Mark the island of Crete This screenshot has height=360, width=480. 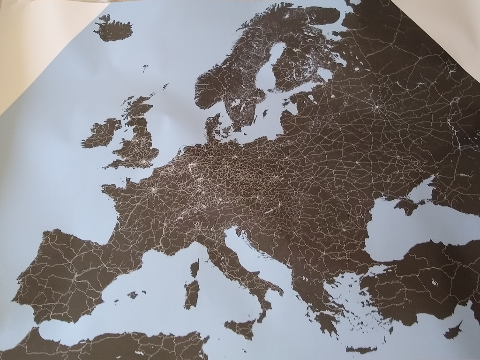point(361,349)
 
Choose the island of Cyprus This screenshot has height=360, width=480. point(453,330)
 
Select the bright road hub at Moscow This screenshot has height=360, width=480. point(375,107)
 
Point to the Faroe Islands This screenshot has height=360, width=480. point(145,67)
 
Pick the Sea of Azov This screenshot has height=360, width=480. point(424,187)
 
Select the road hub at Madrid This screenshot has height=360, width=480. point(75,277)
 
